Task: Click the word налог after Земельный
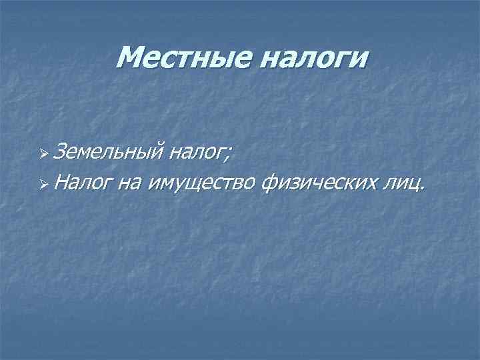197,155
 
